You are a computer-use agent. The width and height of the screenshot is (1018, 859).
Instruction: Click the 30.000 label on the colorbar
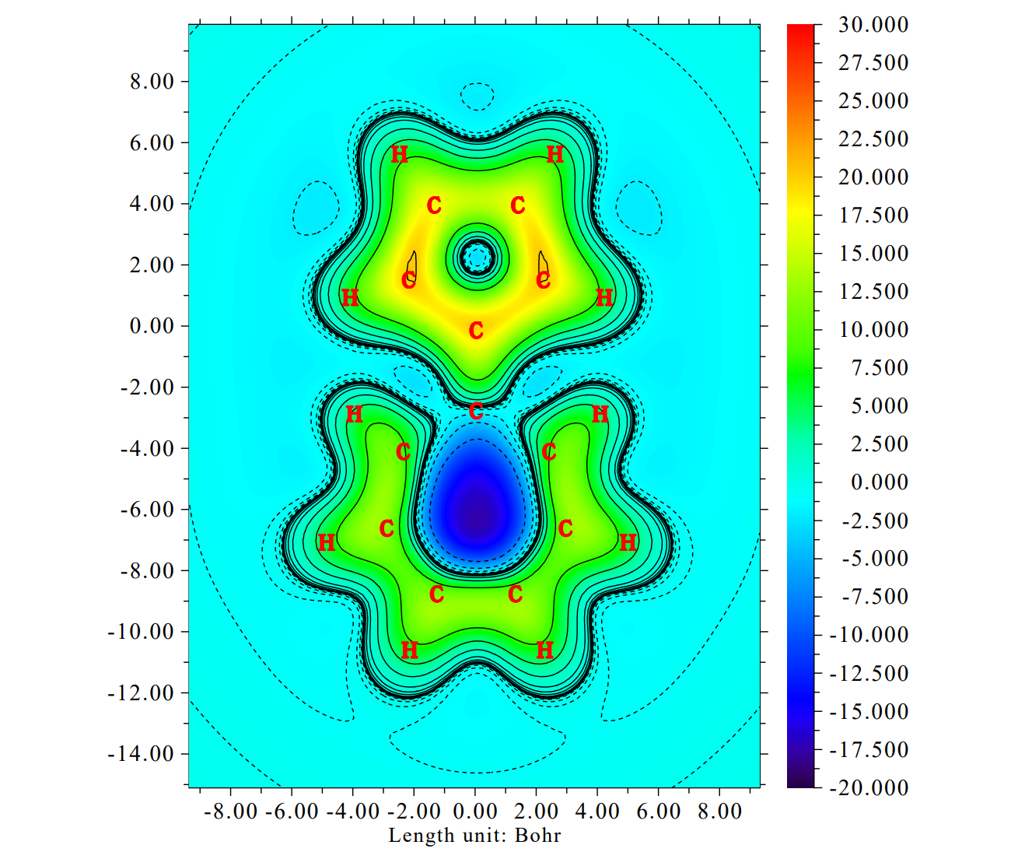873,25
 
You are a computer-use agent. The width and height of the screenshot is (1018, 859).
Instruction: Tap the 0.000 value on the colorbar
879,482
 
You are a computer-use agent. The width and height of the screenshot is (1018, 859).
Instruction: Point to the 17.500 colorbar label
873,216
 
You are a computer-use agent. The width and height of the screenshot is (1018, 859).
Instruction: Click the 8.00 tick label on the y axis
152,82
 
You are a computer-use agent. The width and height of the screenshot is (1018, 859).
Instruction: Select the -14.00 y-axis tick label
141,753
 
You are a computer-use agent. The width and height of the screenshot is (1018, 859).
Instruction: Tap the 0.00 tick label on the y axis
152,326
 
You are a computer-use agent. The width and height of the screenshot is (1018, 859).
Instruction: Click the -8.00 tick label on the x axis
230,812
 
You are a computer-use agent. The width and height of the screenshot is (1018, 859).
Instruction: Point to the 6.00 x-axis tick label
658,812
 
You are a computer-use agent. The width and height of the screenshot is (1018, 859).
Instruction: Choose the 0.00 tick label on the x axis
474,812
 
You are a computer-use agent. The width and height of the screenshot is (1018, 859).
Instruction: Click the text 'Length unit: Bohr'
474,836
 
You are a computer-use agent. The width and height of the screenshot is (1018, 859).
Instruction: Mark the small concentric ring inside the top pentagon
477,255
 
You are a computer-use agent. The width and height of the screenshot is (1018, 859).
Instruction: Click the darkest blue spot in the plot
477,514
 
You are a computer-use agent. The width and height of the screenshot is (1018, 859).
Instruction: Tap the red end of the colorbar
800,31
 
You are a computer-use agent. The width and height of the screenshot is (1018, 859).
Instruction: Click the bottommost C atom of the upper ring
476,331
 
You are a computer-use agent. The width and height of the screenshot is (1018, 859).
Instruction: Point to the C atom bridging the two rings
476,411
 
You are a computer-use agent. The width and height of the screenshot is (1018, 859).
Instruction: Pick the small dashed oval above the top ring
477,96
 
